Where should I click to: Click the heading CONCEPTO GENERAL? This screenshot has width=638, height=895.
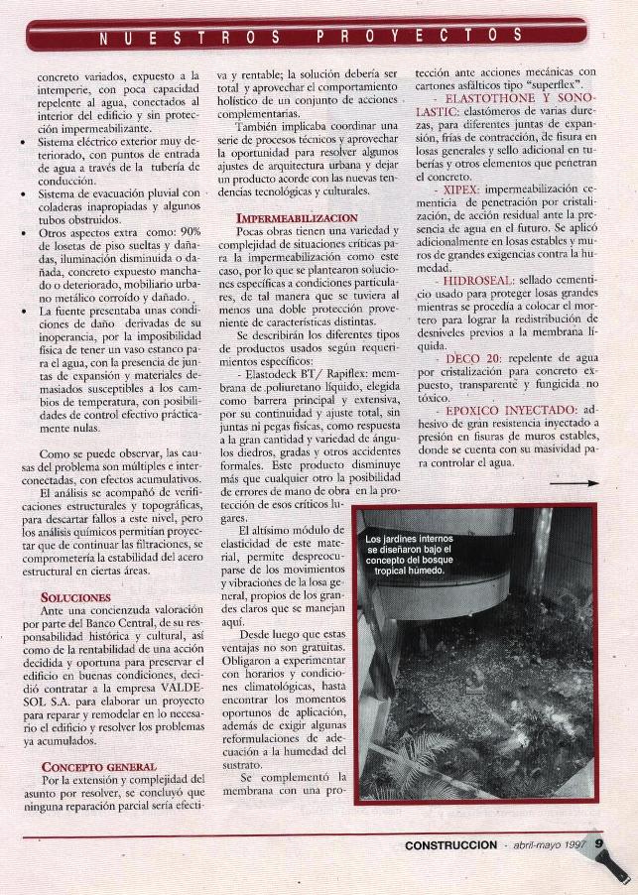click(99, 766)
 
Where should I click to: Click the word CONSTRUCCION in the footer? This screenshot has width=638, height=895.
click(450, 846)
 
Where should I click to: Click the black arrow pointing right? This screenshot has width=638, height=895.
click(586, 483)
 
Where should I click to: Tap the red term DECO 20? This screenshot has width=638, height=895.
click(473, 356)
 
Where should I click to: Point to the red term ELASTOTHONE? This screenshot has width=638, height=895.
click(493, 99)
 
